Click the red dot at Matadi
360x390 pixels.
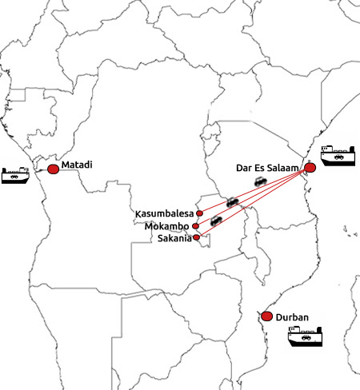pos(53,169)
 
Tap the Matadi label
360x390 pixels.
pos(77,165)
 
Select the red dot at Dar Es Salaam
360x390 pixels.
pos(310,168)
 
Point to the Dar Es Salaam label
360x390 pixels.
pos(267,168)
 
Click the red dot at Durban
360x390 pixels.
pos(266,316)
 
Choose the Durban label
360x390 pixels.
pos(292,317)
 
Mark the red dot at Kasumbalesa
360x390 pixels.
pos(199,213)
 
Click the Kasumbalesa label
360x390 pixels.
pos(164,213)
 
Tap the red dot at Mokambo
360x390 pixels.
pos(195,226)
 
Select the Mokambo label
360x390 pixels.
pos(167,226)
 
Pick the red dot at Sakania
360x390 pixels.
pos(196,237)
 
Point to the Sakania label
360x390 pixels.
pos(174,238)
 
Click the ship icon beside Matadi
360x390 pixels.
pos(15,175)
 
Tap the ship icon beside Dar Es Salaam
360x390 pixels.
pos(338,156)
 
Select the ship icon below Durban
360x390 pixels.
pos(305,336)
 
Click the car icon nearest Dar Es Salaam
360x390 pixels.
pos(261,181)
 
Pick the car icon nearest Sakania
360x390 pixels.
pos(216,221)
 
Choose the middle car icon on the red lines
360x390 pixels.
pos(232,202)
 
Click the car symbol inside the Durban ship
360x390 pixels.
pos(306,338)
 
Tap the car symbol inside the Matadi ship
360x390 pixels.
pos(14,177)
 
